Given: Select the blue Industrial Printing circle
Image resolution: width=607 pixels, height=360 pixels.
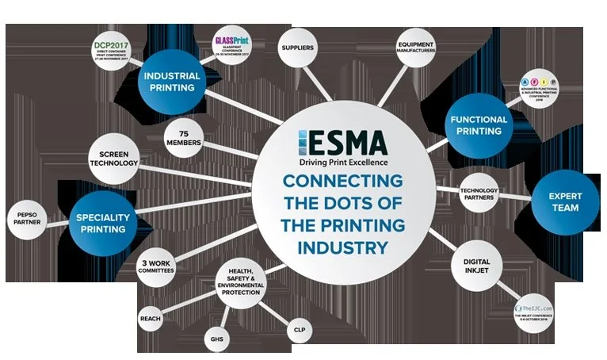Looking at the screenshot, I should (x=172, y=81).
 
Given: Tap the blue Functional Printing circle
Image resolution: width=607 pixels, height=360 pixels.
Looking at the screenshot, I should (x=479, y=124).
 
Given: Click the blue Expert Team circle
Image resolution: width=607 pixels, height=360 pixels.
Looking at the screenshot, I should (x=563, y=202).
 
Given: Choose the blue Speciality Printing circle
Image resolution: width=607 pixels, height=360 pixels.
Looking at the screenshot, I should (x=101, y=222).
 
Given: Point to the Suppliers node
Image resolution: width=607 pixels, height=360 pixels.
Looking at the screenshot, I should (x=297, y=48).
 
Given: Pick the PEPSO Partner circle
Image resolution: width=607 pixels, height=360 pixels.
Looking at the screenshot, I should (x=25, y=218).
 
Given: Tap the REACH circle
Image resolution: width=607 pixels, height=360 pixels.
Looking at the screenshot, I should (x=150, y=319).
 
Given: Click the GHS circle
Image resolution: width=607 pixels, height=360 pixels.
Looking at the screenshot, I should (x=216, y=339).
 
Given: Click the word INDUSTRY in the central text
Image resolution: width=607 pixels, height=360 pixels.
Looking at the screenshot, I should (x=343, y=247).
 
